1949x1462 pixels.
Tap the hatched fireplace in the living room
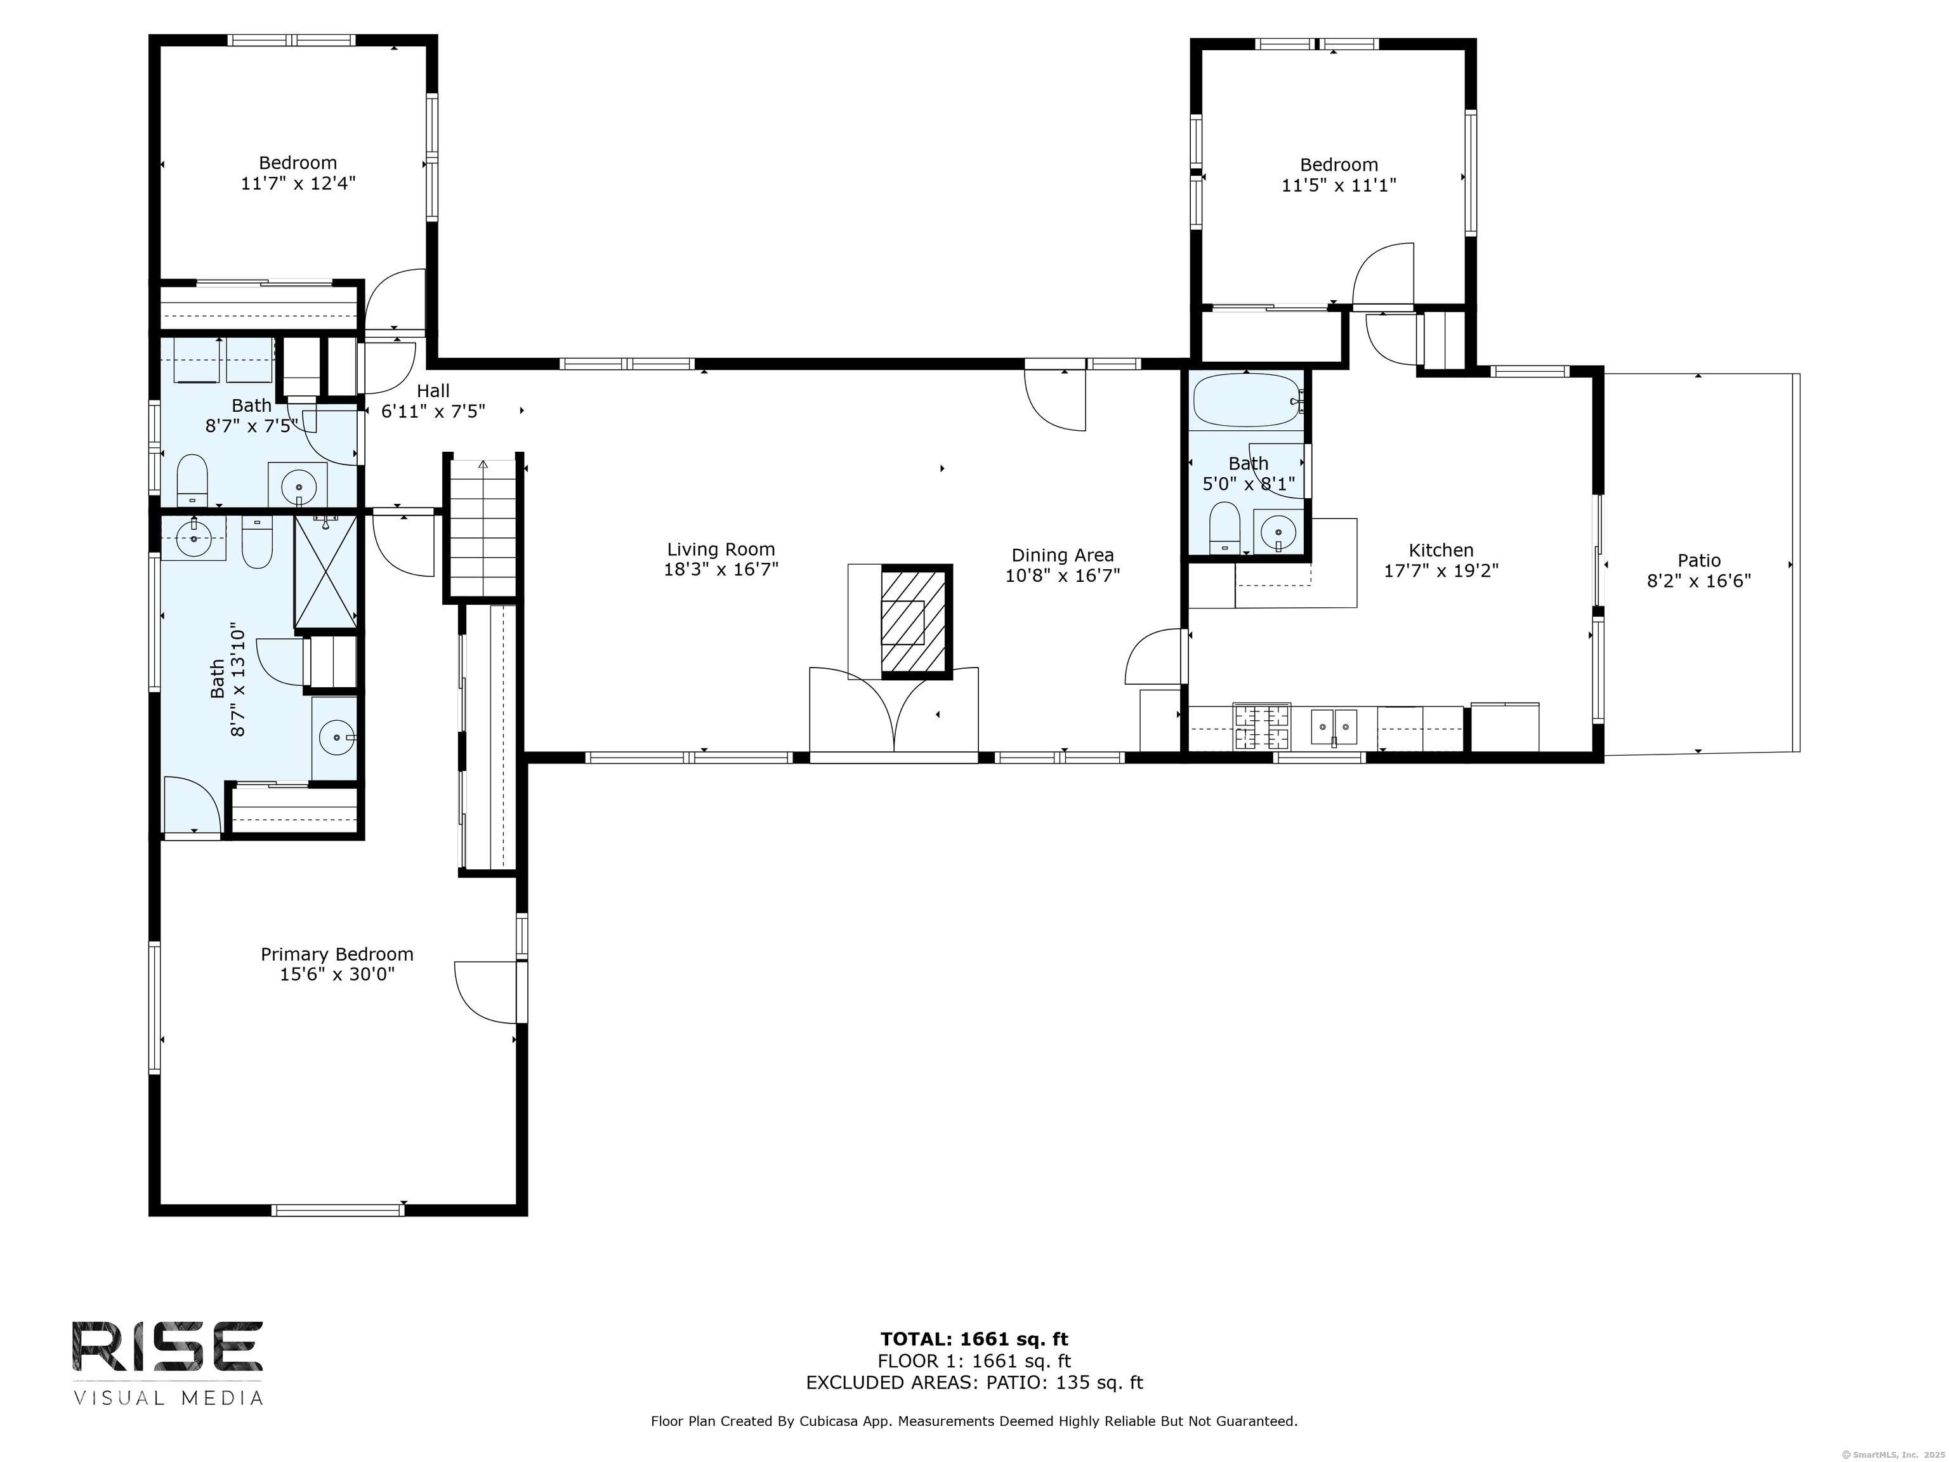[916, 621]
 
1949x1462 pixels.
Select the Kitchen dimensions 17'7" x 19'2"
[1441, 571]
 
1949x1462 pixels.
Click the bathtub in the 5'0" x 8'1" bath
[1245, 401]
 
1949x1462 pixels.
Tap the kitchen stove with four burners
[1262, 727]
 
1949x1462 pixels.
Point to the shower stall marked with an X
[325, 572]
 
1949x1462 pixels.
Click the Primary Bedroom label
[337, 954]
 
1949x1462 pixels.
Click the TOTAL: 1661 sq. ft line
[974, 1340]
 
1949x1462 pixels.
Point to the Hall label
[433, 390]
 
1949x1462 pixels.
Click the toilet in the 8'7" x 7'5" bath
[192, 480]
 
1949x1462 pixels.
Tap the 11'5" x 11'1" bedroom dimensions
[1339, 186]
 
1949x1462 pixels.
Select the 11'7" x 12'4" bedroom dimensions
[298, 184]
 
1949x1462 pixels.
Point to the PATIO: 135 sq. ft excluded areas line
[974, 1382]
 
